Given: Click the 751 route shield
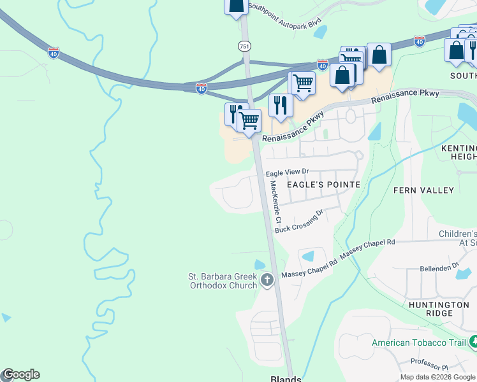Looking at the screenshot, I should [x=244, y=46].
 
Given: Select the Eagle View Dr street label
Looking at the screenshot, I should [x=287, y=173].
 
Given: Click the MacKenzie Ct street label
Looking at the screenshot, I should [x=275, y=201].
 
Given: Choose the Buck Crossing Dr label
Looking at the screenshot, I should [x=300, y=221].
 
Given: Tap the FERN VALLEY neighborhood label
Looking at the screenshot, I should [x=423, y=190].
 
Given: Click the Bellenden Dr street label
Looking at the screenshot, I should [x=438, y=265].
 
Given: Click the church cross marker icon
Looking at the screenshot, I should [x=267, y=279].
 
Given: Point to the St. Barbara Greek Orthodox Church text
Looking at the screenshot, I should [x=221, y=281].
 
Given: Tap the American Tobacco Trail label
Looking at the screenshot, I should [x=418, y=343].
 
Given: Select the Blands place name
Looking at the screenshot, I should [x=286, y=378].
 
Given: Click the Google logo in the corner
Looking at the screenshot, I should [x=20, y=374].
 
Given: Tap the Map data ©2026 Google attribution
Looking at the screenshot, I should [x=437, y=377].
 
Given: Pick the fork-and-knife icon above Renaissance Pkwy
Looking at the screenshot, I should [x=280, y=105].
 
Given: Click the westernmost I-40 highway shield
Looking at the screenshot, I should [x=54, y=53].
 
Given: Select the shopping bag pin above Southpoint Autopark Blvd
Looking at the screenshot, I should [x=236, y=5].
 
